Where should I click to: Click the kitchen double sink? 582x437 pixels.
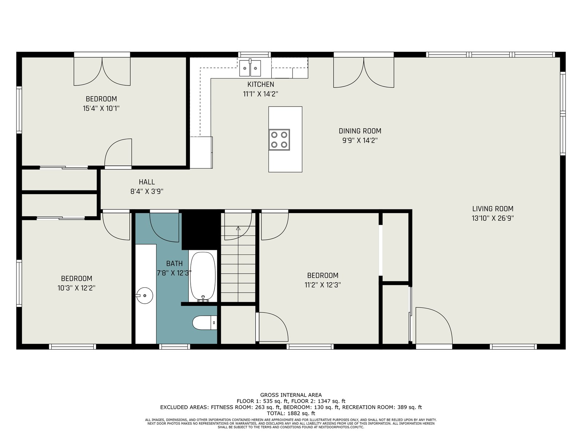click(x=250, y=68)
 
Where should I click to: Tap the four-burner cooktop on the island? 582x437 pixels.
click(x=279, y=140)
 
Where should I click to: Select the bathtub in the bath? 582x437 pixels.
click(x=203, y=277)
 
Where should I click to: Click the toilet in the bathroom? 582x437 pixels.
click(x=204, y=323)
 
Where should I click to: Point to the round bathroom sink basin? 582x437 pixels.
click(x=144, y=295)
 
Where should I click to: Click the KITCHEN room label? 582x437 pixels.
click(x=261, y=84)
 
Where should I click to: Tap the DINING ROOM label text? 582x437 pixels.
click(x=360, y=131)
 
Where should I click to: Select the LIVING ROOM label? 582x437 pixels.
click(x=493, y=209)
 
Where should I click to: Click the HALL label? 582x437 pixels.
click(x=147, y=182)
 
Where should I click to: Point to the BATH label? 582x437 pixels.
click(x=174, y=263)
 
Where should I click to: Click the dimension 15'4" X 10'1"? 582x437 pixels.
click(x=101, y=109)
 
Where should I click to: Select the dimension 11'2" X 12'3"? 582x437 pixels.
click(x=323, y=285)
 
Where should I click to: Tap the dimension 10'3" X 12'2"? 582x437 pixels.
click(x=76, y=288)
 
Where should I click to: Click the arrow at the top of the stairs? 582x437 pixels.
click(x=238, y=228)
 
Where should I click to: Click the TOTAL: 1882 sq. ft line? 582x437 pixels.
click(x=291, y=413)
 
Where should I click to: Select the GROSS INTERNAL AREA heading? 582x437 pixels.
click(x=291, y=395)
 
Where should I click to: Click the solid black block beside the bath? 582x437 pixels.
click(x=201, y=229)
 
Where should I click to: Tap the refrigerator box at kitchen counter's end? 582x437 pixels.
click(x=201, y=153)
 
